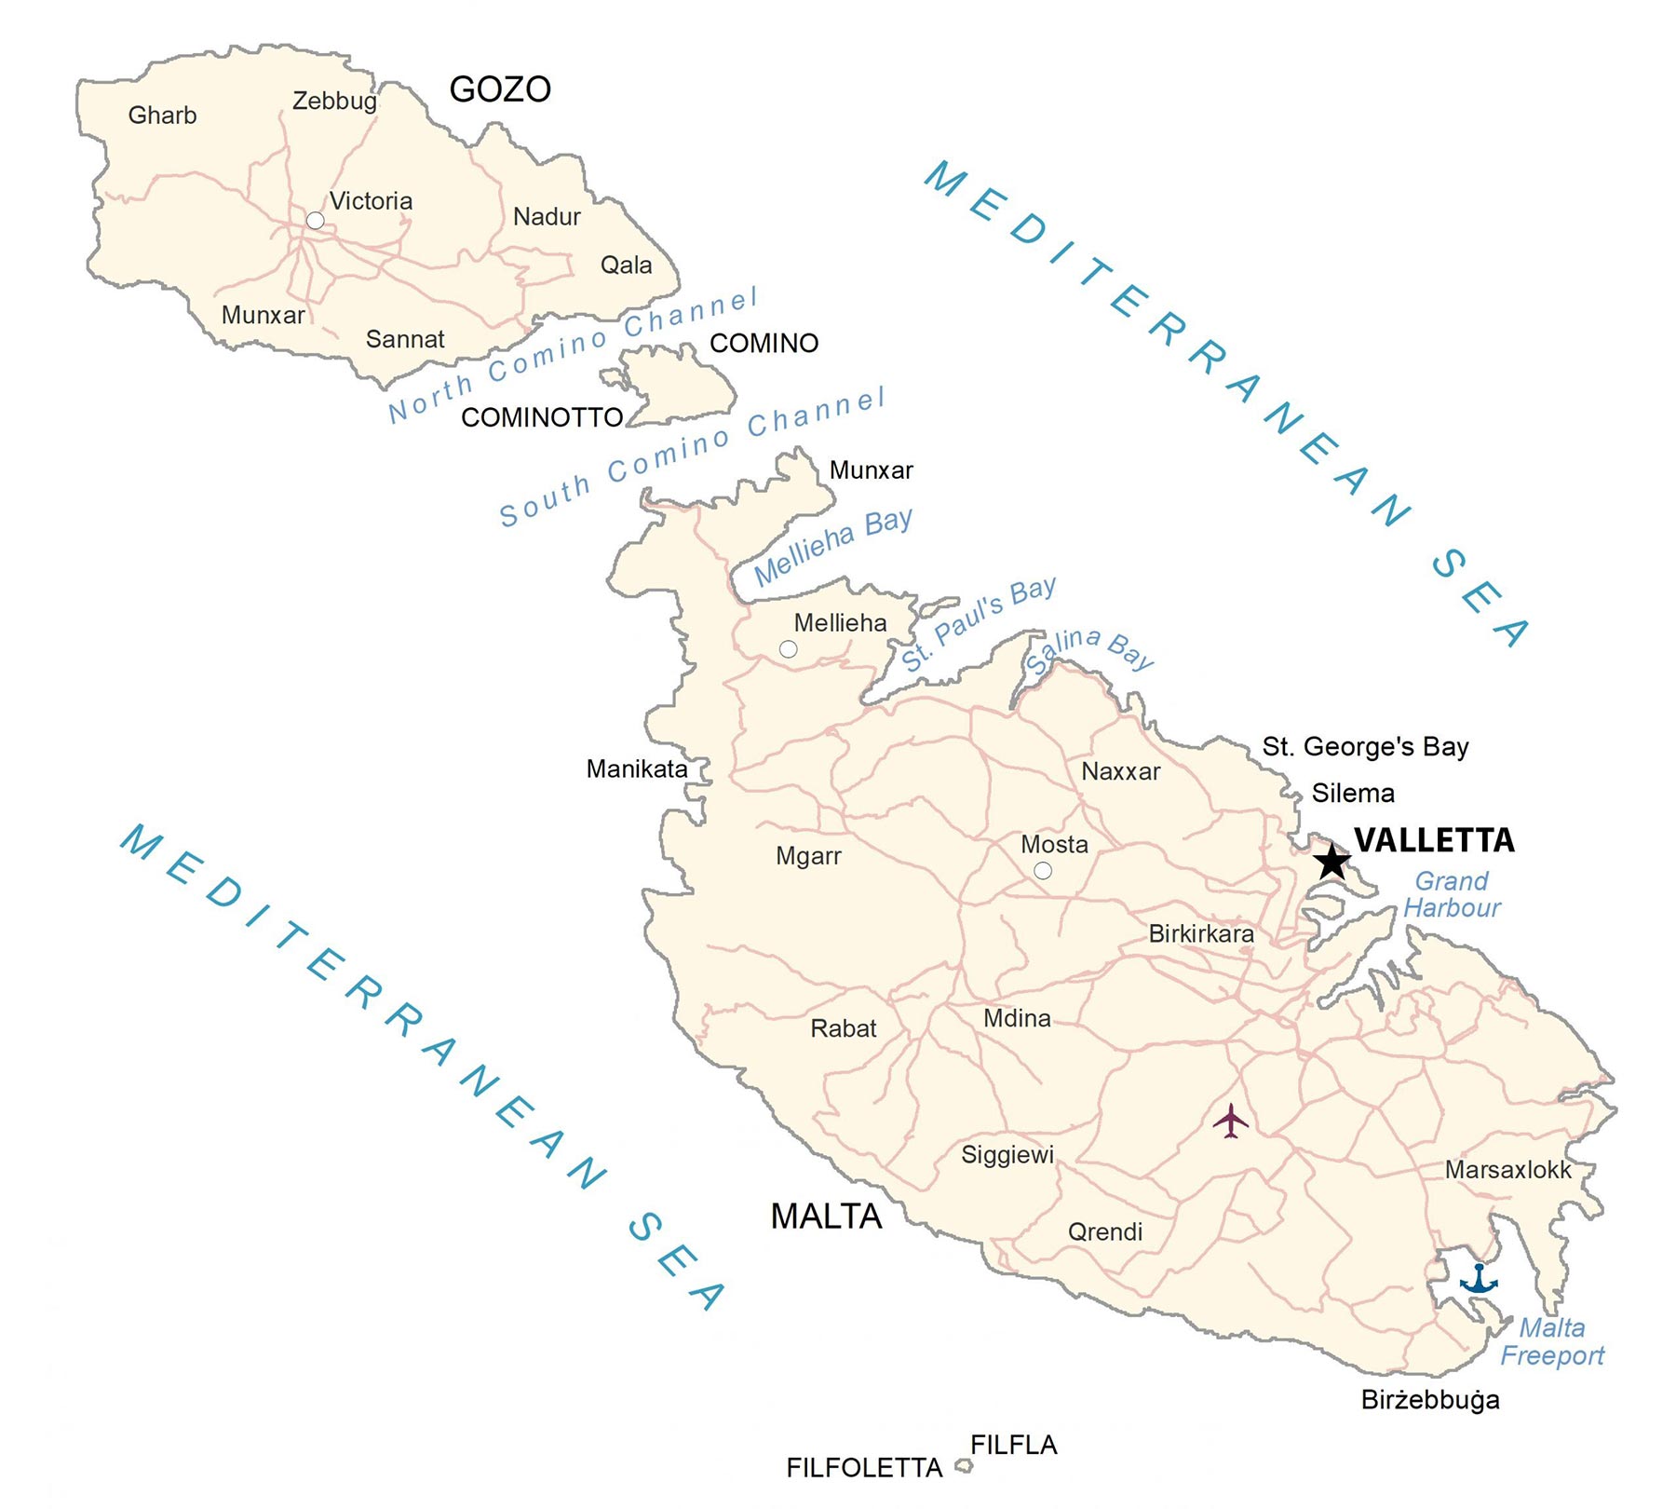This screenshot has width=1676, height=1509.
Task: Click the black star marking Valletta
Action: [1331, 862]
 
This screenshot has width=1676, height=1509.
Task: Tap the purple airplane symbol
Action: [1231, 1121]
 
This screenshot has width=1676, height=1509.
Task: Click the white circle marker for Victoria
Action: [316, 221]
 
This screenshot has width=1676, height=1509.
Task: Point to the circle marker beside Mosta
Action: [1043, 871]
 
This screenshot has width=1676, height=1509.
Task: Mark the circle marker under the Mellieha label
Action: [788, 649]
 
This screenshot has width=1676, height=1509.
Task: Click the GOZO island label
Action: [500, 89]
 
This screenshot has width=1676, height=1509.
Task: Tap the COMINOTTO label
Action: [542, 417]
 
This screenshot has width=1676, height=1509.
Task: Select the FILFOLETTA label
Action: [864, 1468]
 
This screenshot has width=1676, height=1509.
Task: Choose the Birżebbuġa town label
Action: [1430, 1400]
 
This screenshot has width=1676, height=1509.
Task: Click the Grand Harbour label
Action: [1452, 894]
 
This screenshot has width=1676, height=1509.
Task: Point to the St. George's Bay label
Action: [1365, 746]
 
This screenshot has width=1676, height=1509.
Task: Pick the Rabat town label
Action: [844, 1028]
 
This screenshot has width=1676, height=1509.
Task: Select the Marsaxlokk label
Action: [1507, 1170]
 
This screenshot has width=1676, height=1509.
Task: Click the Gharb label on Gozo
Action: [162, 116]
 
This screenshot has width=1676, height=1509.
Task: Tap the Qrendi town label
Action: [1104, 1231]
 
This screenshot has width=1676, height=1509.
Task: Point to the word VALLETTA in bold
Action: [1434, 840]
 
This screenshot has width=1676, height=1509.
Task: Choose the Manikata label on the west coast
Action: [637, 769]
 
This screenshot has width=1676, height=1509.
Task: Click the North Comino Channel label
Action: [573, 355]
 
